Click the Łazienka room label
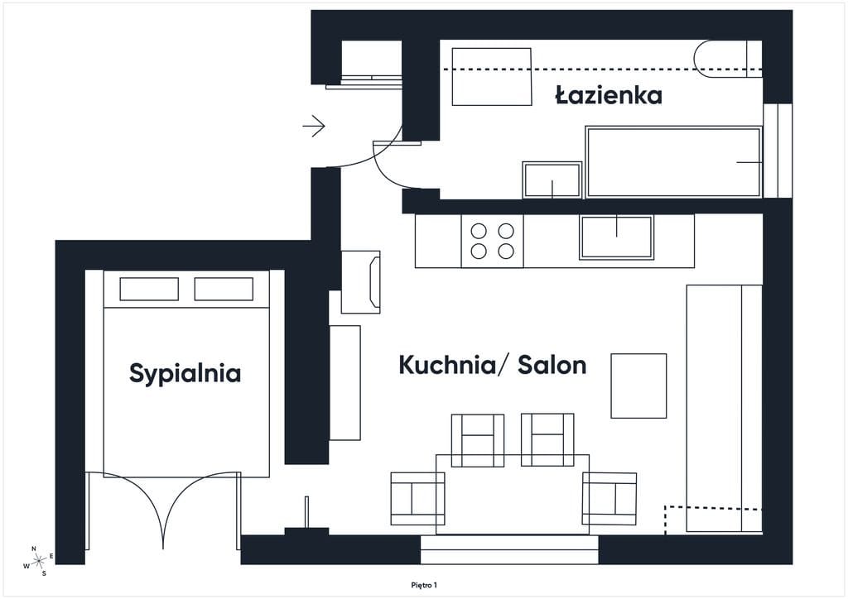click(609, 95)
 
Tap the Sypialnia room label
click(185, 374)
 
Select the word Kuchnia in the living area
click(446, 365)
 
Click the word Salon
click(552, 365)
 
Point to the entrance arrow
click(314, 127)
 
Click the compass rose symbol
click(39, 562)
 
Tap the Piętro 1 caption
click(424, 585)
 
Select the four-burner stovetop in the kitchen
click(492, 241)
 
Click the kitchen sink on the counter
click(616, 237)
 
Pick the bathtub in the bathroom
click(674, 162)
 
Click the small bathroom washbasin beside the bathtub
click(552, 180)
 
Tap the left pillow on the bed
click(149, 289)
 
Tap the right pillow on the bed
click(224, 289)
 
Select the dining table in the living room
click(513, 495)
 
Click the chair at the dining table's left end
click(417, 499)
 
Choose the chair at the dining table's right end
click(609, 499)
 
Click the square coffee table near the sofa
click(638, 386)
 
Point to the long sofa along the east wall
click(724, 409)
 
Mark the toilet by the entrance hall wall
click(361, 281)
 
